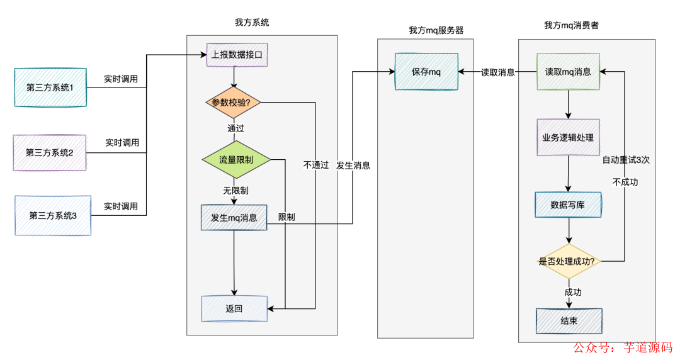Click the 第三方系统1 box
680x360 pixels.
[50, 87]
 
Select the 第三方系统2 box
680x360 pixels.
[50, 152]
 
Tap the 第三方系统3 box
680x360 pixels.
[53, 215]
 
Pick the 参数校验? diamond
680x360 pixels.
[234, 103]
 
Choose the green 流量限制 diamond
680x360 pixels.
[236, 160]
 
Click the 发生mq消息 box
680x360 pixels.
[234, 218]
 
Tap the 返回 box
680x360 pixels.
[234, 308]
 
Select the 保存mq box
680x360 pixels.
[426, 72]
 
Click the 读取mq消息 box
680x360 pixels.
[568, 72]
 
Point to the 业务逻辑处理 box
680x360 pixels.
[568, 137]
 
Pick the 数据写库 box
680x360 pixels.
[568, 205]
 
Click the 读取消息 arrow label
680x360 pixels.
[497, 72]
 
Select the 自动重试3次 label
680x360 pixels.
[626, 160]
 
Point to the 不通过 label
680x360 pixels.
[316, 165]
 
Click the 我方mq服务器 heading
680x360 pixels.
[436, 30]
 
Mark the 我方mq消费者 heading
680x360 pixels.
[571, 26]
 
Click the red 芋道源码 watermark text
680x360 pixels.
[648, 347]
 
